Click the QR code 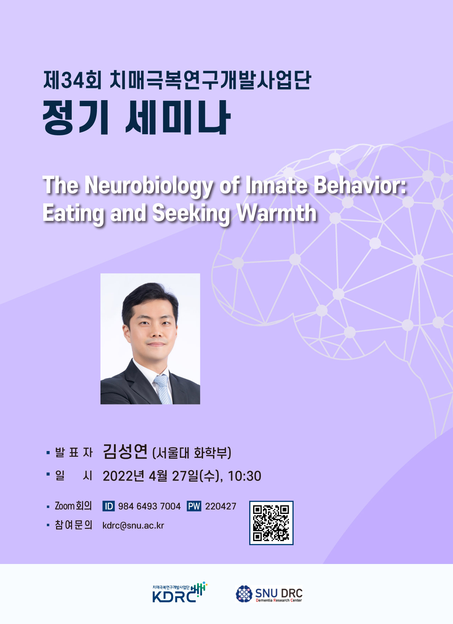271,523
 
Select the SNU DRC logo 269,594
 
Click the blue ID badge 109,506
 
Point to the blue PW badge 194,506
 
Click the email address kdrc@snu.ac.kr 133,526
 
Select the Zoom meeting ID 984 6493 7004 149,506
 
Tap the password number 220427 220,506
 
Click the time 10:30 244,476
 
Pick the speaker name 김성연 125,452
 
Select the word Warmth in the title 277,213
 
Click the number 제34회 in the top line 72,80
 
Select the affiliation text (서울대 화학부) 192,453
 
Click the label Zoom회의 73,506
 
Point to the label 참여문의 73,525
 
